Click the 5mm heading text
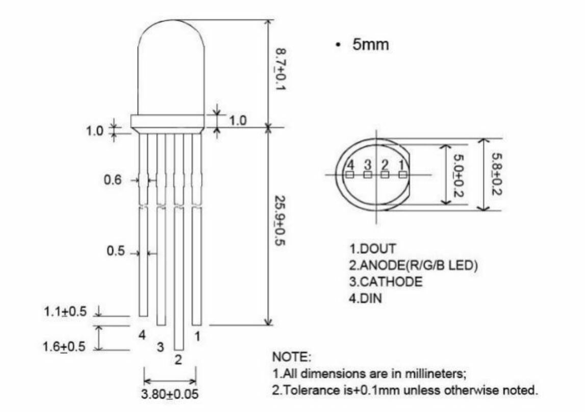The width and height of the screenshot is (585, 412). coord(370,45)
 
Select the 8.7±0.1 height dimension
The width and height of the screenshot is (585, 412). coord(280,70)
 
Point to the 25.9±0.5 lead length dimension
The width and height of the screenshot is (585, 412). coord(280,220)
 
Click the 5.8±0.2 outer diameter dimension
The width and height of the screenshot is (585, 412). coord(496,173)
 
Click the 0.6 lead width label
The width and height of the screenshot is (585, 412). coord(114,180)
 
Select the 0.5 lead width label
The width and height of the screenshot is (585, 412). coord(116,251)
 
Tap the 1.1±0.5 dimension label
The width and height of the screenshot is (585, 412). coord(65,312)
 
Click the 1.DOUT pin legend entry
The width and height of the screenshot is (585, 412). coord(372,249)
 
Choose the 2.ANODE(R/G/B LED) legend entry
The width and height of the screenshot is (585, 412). coord(413,266)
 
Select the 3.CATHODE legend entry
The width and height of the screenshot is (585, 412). coord(386,282)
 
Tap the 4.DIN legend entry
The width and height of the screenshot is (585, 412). coord(365,298)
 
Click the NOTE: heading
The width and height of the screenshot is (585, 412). coord(292,356)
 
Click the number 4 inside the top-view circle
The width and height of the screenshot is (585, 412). coord(350,164)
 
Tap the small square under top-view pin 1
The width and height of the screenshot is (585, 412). coord(403,174)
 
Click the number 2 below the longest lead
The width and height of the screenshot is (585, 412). coord(178,359)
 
